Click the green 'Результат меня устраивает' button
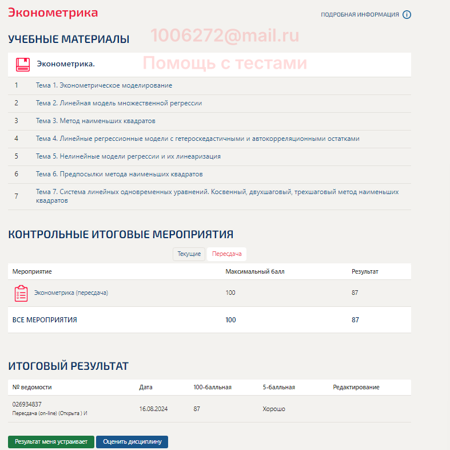(51, 442)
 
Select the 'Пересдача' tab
(226, 254)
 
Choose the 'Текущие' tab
(189, 254)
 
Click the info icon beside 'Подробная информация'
(407, 15)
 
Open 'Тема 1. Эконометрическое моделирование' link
(103, 85)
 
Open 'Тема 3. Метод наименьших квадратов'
(95, 121)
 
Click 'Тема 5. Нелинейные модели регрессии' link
(128, 156)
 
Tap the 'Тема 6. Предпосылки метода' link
(119, 174)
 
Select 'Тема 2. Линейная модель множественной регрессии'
(118, 103)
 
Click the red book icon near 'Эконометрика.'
(23, 64)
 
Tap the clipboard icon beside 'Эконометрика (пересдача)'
(21, 293)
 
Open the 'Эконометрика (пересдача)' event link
(71, 293)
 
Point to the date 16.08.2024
(153, 409)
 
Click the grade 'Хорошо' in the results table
(274, 409)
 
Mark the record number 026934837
(27, 404)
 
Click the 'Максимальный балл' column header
(254, 271)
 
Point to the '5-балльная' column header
(278, 388)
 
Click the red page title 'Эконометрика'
(53, 13)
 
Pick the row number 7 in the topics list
(17, 196)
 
